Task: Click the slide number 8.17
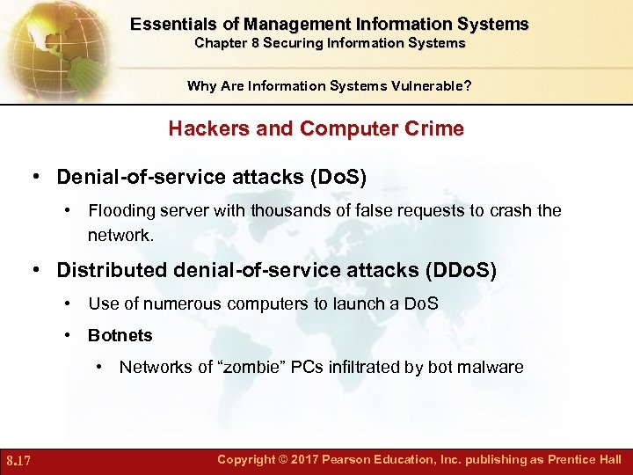[18, 461]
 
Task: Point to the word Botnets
[120, 335]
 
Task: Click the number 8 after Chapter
[256, 42]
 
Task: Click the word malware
[492, 367]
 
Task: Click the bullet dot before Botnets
[69, 335]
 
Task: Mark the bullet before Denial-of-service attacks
[37, 177]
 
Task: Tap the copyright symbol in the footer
[284, 459]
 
